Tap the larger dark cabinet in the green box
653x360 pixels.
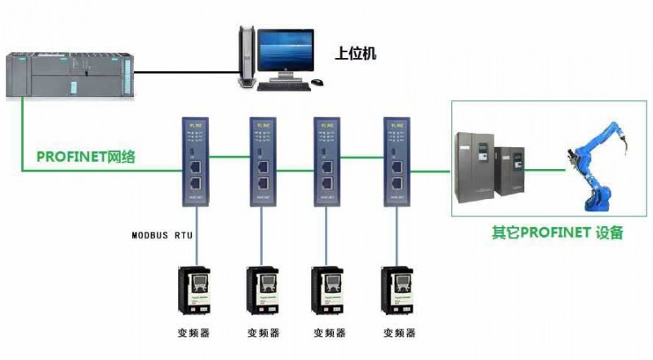tap(474, 167)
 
